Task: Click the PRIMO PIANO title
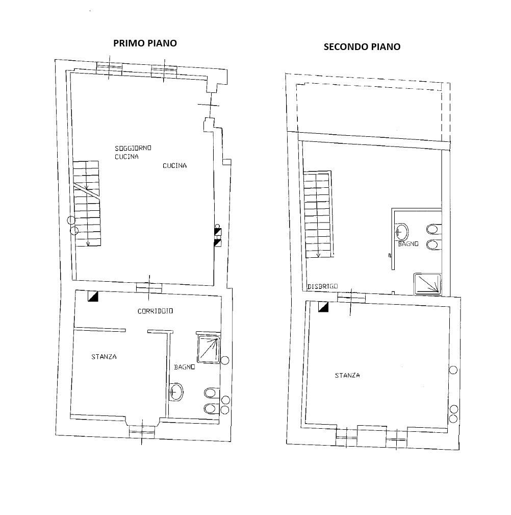(145, 43)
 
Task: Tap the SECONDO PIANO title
(362, 47)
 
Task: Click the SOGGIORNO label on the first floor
(133, 148)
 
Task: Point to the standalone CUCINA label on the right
(174, 165)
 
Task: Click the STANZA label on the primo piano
(104, 357)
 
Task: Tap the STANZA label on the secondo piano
(347, 376)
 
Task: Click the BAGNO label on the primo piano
(183, 367)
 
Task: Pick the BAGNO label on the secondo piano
(408, 244)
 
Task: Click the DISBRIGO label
(322, 287)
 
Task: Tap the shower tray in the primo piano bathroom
(208, 348)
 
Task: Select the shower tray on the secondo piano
(427, 284)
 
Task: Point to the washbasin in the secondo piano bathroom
(401, 232)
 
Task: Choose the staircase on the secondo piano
(318, 214)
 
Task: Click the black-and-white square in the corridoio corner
(93, 297)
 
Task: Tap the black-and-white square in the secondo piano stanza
(323, 306)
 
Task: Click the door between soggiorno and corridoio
(149, 287)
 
